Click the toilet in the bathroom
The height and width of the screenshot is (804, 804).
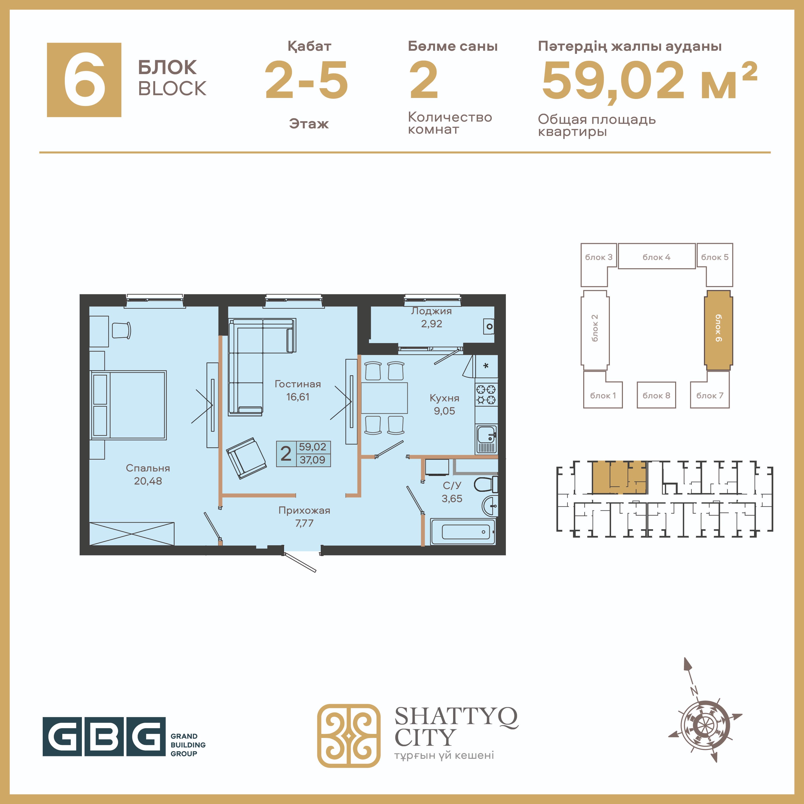click(486, 485)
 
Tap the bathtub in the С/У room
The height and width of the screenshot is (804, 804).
click(463, 532)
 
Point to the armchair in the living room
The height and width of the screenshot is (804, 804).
click(246, 458)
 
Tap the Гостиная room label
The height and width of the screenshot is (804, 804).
click(298, 384)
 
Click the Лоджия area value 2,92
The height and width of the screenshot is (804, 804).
click(432, 324)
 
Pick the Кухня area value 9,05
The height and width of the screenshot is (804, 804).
click(444, 411)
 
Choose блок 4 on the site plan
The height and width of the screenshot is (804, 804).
click(657, 256)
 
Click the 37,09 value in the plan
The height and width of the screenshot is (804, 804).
click(312, 460)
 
